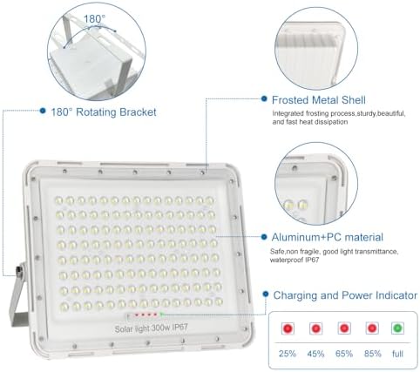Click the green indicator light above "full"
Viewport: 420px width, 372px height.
pyautogui.click(x=397, y=328)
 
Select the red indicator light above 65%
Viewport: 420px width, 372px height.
pyautogui.click(x=343, y=328)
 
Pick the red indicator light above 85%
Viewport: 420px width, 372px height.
pyautogui.click(x=370, y=328)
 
